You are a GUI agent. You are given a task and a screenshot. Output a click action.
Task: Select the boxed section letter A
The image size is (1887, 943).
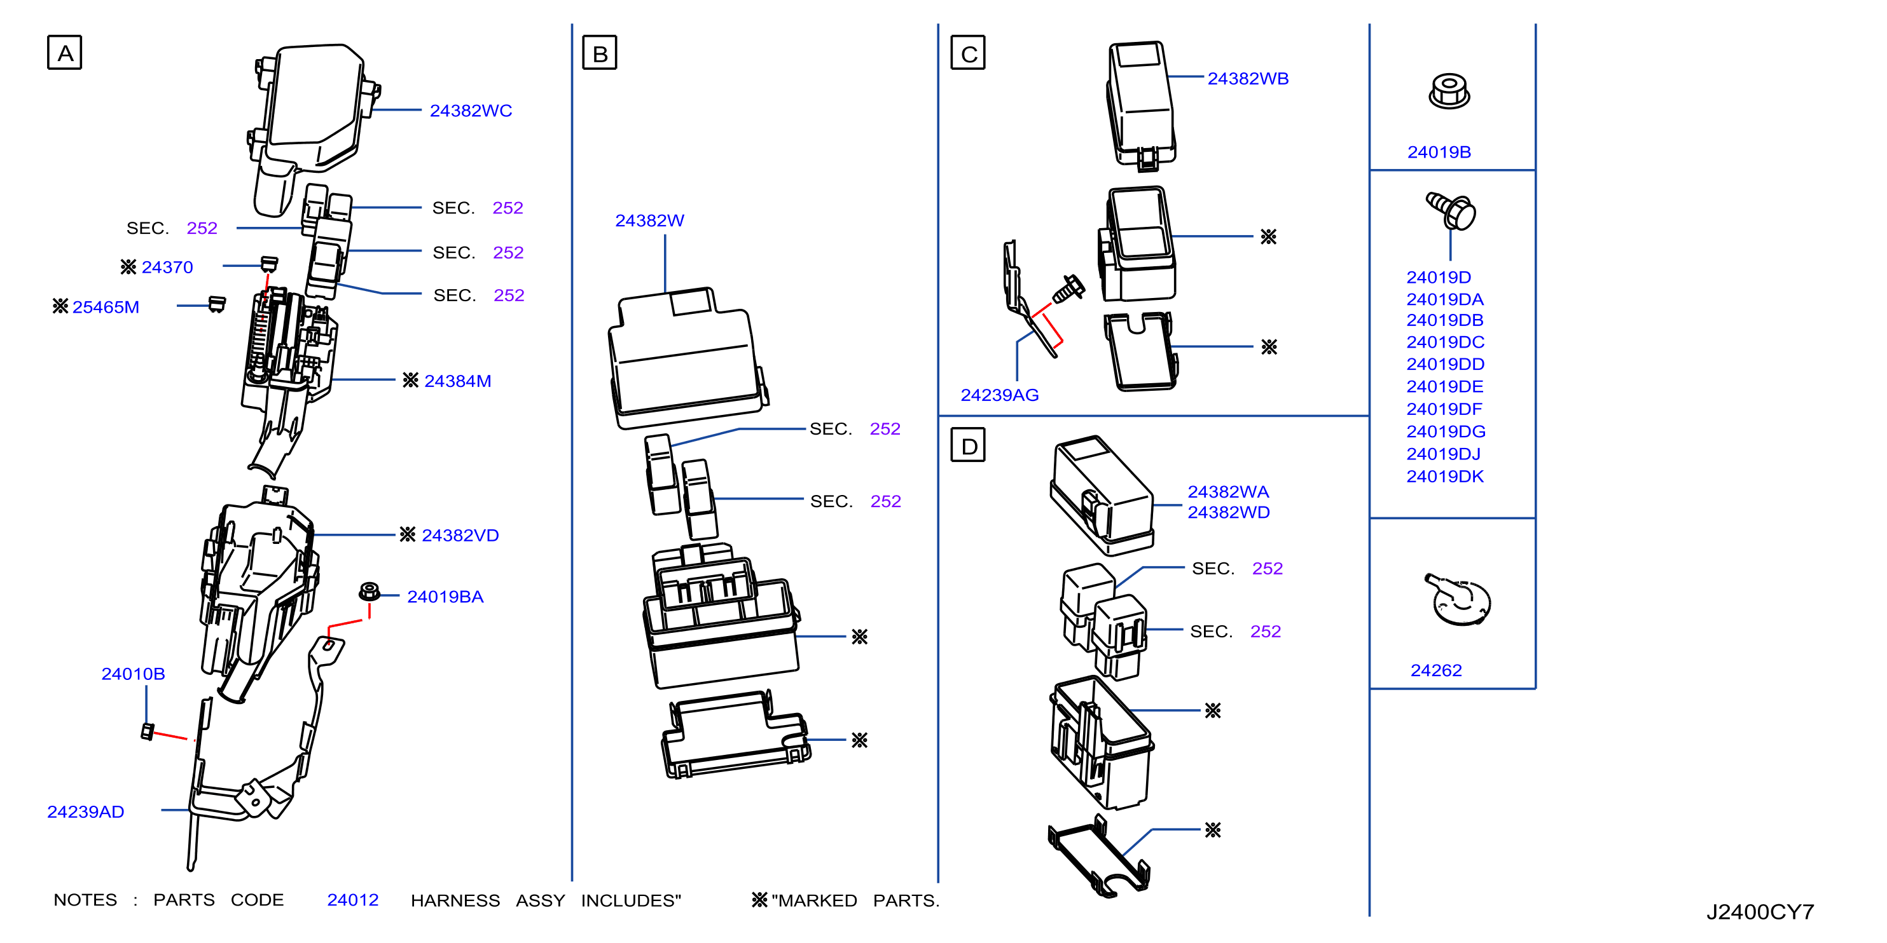pos(64,53)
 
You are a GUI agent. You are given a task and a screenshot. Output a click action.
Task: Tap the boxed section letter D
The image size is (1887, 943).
pos(968,445)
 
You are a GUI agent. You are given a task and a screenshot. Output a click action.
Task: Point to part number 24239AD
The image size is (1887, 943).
pos(86,811)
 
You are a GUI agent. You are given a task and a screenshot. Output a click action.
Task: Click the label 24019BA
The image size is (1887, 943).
pos(445,597)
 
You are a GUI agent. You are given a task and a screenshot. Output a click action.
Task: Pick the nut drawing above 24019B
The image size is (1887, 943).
pos(1449,92)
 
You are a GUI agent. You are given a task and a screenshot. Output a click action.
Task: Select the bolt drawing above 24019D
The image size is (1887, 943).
pos(1451,211)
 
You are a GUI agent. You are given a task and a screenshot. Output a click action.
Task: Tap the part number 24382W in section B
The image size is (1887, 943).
pos(650,220)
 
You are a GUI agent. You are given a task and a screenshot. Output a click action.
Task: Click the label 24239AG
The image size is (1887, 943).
pos(999,395)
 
